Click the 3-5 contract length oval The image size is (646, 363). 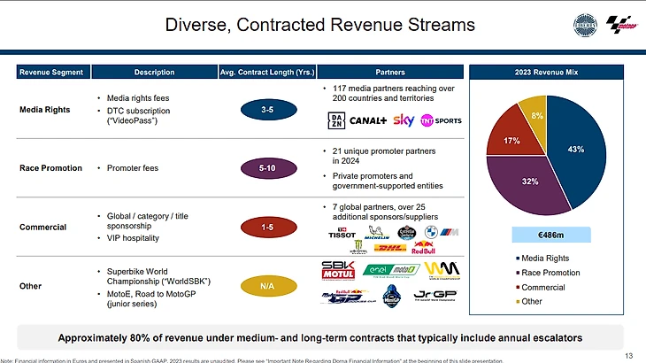point(266,110)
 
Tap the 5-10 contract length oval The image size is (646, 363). point(266,167)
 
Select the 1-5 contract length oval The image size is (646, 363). point(266,228)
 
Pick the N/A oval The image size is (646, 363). point(266,286)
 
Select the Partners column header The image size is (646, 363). point(390,72)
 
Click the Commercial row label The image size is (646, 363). point(43,228)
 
